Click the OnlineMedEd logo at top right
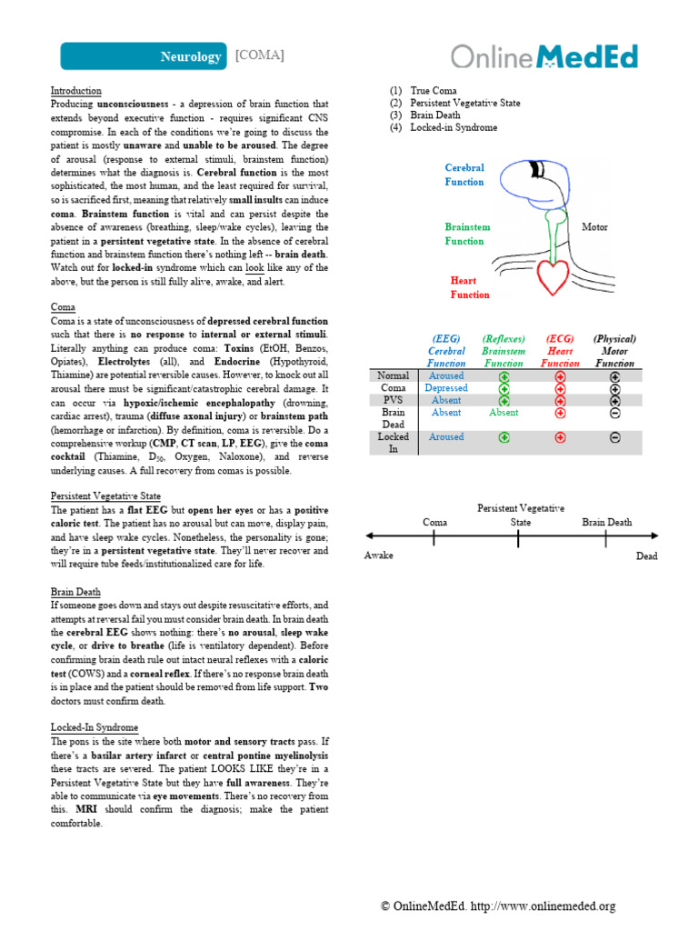click(544, 56)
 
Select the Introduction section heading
click(75, 92)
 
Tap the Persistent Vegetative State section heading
click(105, 496)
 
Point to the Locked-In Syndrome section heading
click(94, 727)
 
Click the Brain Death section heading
click(75, 591)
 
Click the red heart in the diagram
click(551, 276)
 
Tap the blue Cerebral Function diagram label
click(464, 175)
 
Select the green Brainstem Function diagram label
click(467, 234)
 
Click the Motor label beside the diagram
click(594, 227)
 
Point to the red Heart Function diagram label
click(470, 287)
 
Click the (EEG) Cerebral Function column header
click(446, 351)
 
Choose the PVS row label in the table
click(394, 400)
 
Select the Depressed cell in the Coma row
click(446, 388)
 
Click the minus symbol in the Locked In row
click(615, 437)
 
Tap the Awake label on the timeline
click(379, 556)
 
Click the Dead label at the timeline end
click(646, 556)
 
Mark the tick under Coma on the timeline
click(434, 539)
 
